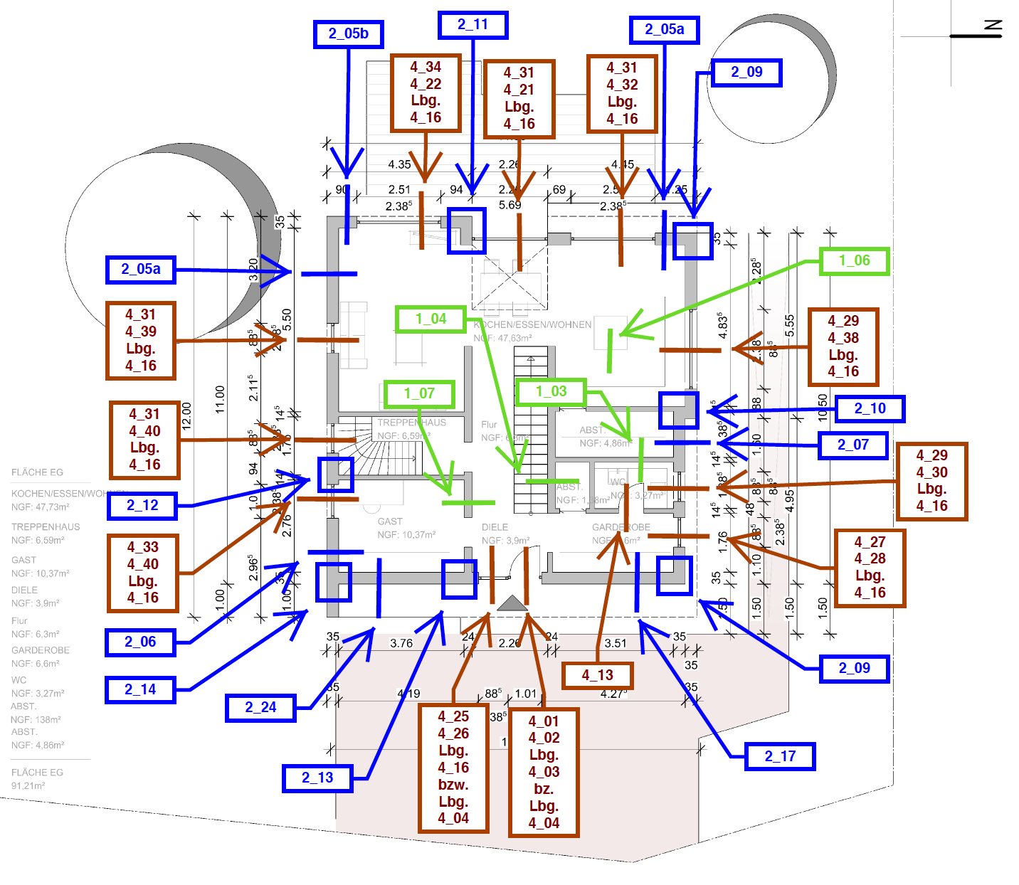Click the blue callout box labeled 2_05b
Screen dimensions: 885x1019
click(348, 34)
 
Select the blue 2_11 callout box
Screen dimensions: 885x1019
click(472, 25)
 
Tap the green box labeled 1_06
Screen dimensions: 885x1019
click(854, 261)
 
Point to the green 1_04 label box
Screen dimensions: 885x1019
click(431, 319)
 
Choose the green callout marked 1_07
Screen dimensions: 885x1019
click(419, 393)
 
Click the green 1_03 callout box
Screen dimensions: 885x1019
click(551, 391)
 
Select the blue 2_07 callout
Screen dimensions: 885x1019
click(852, 445)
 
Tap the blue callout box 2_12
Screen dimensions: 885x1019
click(142, 506)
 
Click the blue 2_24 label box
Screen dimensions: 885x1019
click(260, 708)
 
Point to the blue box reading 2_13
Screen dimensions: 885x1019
click(317, 778)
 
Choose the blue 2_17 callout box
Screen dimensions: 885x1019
click(780, 756)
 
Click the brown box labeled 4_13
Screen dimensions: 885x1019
click(597, 675)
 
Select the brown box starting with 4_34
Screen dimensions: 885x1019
click(426, 92)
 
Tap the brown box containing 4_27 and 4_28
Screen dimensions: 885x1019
click(870, 568)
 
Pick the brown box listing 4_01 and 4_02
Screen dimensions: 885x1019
click(544, 772)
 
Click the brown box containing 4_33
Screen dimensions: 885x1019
click(142, 573)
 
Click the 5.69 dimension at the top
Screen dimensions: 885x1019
click(509, 205)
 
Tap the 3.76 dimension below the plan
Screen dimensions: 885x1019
click(401, 643)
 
